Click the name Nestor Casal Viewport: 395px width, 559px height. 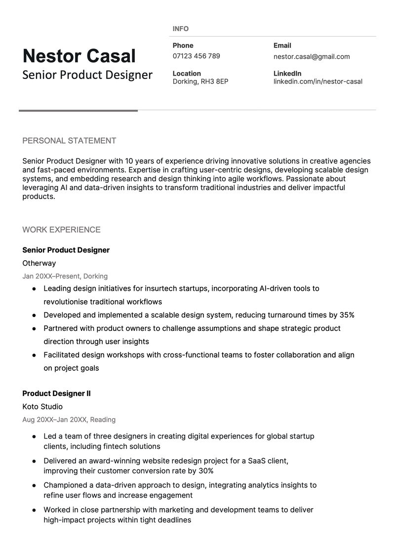pos(79,56)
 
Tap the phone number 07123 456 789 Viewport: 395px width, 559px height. pos(196,56)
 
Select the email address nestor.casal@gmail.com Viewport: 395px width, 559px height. pos(312,56)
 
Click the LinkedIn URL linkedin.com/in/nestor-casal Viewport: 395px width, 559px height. pos(317,81)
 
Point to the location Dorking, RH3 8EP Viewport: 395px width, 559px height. pos(200,81)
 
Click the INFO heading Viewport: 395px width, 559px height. pos(181,29)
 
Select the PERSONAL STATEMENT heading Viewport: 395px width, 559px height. pos(69,141)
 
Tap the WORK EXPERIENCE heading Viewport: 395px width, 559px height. pos(61,230)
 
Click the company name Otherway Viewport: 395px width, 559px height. pos(39,263)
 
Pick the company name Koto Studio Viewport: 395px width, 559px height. pos(42,407)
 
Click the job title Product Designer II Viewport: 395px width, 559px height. pos(56,394)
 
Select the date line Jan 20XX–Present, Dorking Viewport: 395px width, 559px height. pos(65,276)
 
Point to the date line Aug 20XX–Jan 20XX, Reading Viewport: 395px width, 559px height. pos(69,420)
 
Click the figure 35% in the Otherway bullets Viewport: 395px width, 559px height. pos(347,315)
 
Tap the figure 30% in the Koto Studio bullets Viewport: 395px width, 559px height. pos(206,471)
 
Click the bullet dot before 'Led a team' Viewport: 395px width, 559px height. pos(34,437)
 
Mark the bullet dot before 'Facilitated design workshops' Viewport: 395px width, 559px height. pos(34,355)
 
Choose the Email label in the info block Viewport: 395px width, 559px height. pos(282,45)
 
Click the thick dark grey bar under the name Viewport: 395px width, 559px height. pos(78,111)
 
